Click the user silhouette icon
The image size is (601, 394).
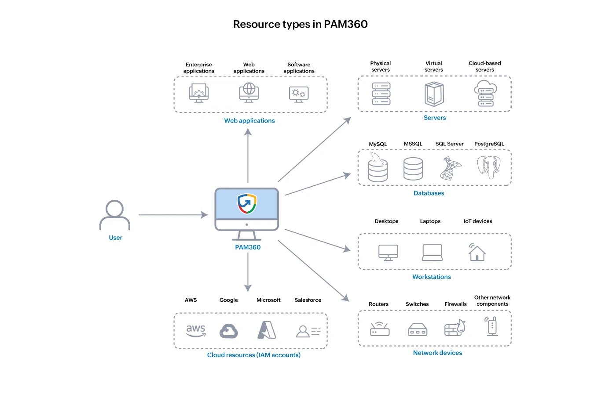tap(115, 215)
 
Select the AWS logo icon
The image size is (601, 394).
tap(196, 331)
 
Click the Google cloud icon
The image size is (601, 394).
tap(229, 331)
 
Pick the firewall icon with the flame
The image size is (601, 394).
tap(455, 328)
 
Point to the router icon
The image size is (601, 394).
tap(380, 329)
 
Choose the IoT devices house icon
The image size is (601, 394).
tap(476, 252)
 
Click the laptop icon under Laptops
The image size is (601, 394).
tap(432, 253)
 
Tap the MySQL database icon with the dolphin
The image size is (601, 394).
tap(378, 168)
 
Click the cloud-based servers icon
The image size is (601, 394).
tap(485, 94)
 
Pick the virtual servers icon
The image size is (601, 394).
tap(434, 94)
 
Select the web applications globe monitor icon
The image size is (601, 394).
tap(249, 93)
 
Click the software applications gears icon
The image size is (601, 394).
tap(299, 94)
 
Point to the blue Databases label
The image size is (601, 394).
tap(429, 193)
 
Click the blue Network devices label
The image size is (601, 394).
tap(437, 353)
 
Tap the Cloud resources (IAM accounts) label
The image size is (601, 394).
tap(254, 355)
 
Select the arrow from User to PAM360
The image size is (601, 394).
tap(173, 215)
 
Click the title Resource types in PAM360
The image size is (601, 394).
tap(300, 24)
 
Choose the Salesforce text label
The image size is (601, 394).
tap(308, 300)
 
